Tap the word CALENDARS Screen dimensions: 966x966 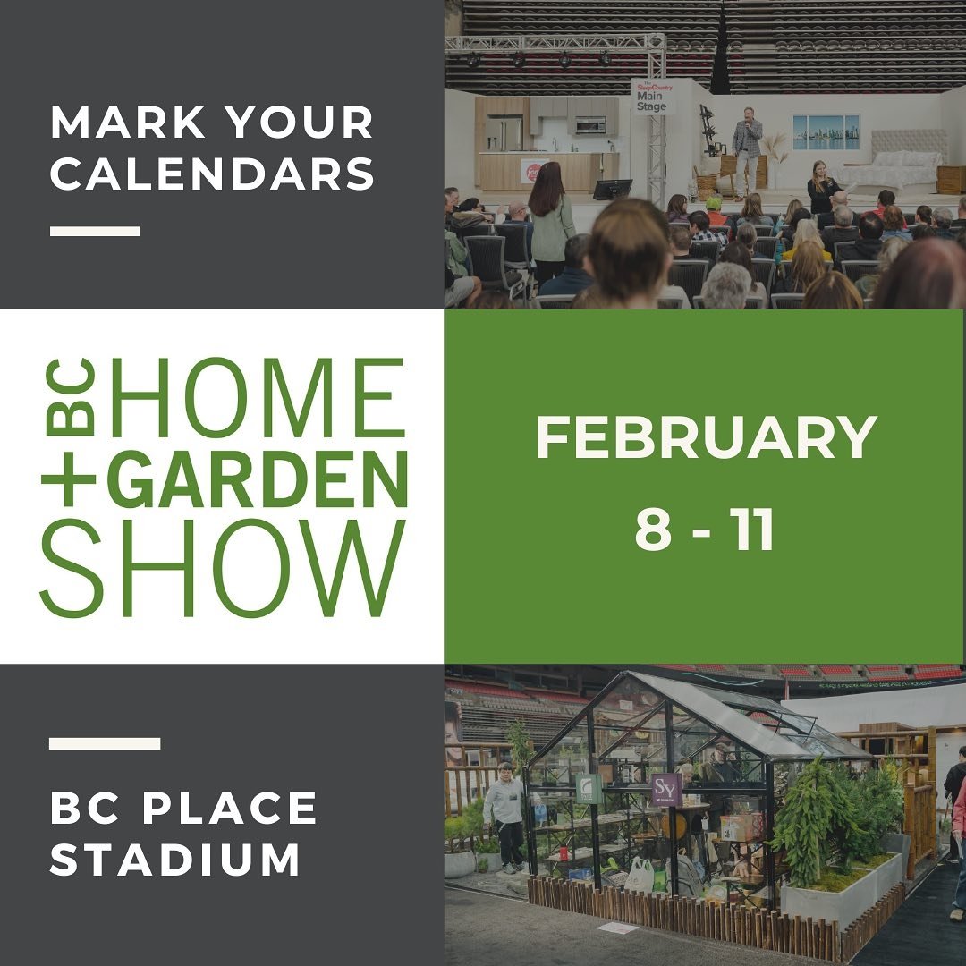tap(213, 174)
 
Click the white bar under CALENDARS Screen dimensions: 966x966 tap(95, 231)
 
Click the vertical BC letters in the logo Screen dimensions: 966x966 tap(71, 397)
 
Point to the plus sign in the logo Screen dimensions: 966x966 tap(69, 479)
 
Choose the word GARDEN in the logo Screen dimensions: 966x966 tap(258, 479)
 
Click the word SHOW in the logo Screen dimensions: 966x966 tap(222, 568)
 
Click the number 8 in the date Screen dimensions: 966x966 tap(653, 530)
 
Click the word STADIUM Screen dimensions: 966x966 tap(175, 859)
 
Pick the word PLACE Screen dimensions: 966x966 tap(230, 808)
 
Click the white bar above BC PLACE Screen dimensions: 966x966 tap(105, 743)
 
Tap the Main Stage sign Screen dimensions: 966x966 tap(652, 97)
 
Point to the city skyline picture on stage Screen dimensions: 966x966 tap(826, 131)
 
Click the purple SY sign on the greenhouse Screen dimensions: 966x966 tap(666, 790)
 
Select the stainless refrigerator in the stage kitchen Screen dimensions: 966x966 tap(504, 133)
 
